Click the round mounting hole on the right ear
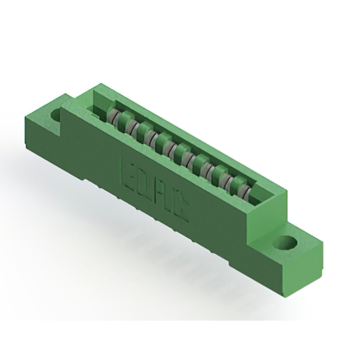point(286,244)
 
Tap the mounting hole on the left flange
point(57,116)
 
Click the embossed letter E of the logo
point(129,170)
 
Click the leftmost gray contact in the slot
point(114,118)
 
